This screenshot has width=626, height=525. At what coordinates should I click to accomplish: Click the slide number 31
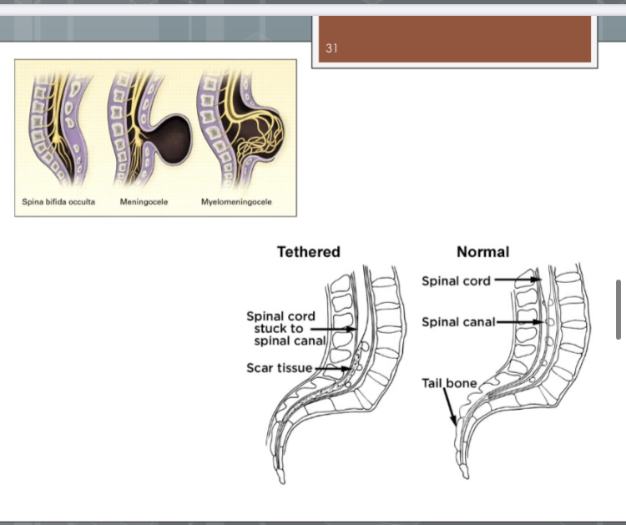331,48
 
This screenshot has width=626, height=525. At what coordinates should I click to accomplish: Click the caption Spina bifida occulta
58,202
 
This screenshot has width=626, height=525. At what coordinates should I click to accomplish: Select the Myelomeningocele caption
236,202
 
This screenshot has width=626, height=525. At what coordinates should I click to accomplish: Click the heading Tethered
308,251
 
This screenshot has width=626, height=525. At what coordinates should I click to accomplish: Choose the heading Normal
482,251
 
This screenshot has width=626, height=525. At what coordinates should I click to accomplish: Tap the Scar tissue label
279,368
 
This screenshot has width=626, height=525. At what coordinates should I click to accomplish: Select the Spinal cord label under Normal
456,280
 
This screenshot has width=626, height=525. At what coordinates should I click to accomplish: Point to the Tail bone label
449,383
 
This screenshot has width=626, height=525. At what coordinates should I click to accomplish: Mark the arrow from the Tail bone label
452,409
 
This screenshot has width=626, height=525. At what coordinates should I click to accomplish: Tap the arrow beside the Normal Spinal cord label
515,280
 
